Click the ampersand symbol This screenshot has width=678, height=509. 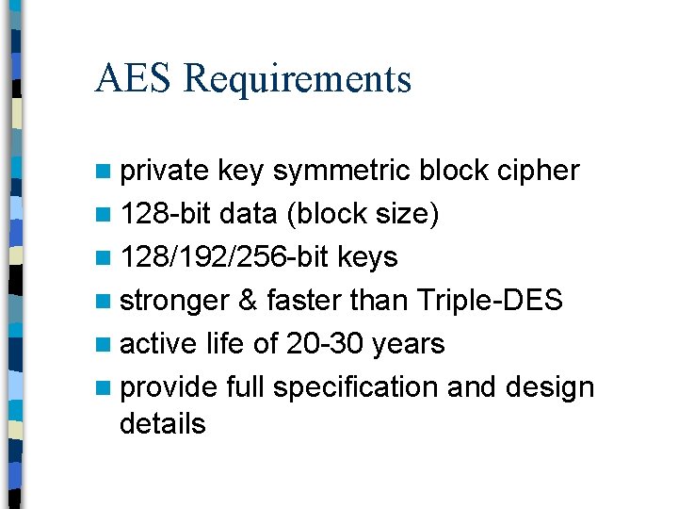point(248,301)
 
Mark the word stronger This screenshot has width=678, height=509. point(174,302)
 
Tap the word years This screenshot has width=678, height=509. point(409,345)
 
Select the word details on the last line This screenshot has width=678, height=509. point(163,424)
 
